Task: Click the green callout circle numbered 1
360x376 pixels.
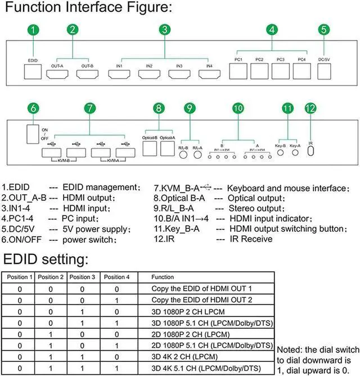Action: (x=35, y=30)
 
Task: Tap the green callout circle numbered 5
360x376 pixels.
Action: (x=323, y=30)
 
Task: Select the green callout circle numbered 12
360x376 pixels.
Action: (x=310, y=109)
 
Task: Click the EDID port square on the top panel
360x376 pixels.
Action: (x=33, y=71)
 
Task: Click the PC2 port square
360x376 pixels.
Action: (x=259, y=71)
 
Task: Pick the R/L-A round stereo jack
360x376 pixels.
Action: (x=197, y=156)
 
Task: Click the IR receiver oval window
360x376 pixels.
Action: (x=310, y=155)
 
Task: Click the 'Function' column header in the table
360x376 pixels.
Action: (x=163, y=277)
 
